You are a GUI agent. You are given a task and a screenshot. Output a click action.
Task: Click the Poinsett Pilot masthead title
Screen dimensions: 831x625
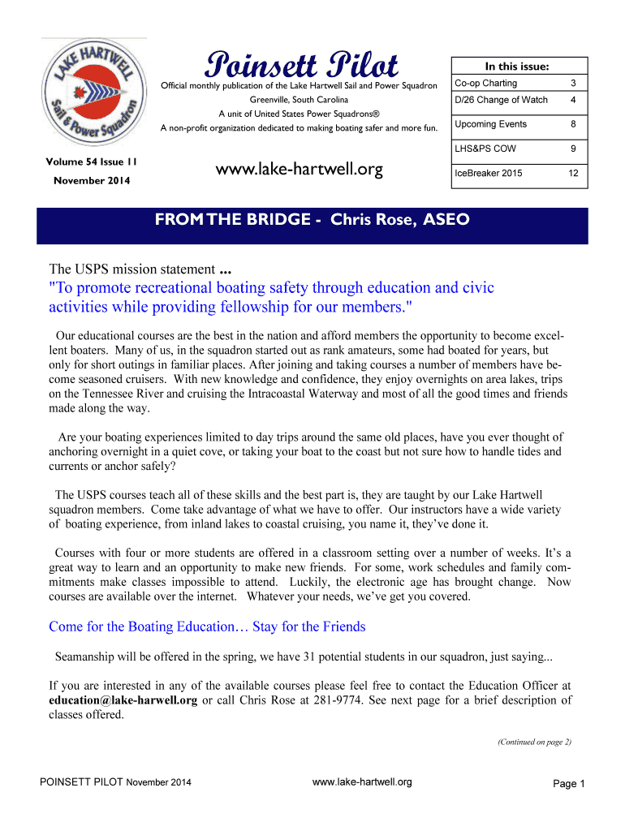click(301, 64)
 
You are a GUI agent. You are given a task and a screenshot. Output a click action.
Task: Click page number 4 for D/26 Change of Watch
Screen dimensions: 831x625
click(572, 100)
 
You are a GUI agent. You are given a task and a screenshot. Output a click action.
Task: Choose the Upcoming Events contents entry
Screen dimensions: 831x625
click(490, 124)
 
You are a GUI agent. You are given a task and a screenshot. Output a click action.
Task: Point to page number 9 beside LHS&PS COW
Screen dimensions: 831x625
click(573, 149)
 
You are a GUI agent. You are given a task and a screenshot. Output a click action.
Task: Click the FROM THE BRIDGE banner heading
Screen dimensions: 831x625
click(312, 221)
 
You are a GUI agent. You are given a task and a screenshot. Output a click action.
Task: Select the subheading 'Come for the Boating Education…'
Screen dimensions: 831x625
click(207, 626)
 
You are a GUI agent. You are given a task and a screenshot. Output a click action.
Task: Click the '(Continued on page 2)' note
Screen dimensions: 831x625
click(533, 741)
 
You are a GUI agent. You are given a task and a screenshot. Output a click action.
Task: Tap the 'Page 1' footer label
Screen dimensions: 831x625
click(568, 783)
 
